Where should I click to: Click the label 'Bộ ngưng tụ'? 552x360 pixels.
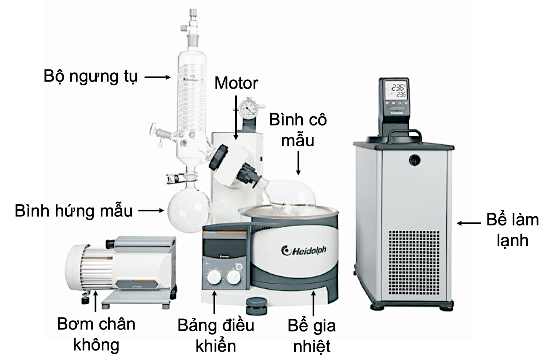point(90,77)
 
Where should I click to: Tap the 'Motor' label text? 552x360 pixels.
point(236,83)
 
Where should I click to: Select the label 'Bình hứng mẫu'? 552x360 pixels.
point(73,211)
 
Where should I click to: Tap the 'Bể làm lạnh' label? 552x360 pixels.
point(512,230)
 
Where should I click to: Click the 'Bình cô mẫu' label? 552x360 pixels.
point(298,130)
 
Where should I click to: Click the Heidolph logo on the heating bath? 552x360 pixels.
point(304,251)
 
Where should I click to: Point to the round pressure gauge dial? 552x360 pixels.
point(248,107)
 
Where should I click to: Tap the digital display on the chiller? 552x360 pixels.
point(394,91)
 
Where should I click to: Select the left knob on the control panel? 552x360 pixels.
point(214,277)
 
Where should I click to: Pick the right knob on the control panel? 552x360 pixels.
point(233,277)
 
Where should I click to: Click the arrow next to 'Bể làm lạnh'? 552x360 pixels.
point(469,223)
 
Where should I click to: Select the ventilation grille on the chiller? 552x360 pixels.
point(414,263)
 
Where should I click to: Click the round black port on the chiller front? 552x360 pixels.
point(415,160)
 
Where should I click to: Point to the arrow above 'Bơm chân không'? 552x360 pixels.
point(96,301)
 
